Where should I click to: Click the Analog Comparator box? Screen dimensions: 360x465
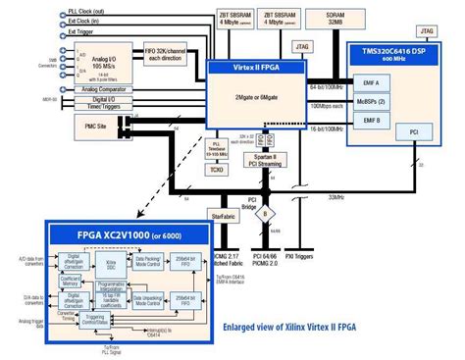[103, 90]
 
